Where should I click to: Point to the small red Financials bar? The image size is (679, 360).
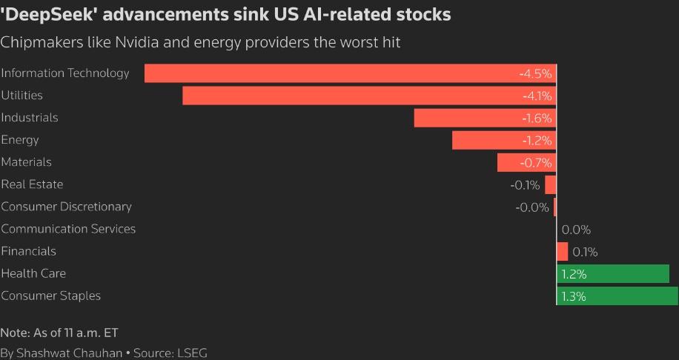[x=563, y=252]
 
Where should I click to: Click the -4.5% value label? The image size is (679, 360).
[x=535, y=74]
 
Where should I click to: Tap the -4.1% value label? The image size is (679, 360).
[x=535, y=96]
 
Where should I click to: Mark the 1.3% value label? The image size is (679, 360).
[x=574, y=296]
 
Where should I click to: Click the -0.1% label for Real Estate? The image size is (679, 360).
[x=525, y=185]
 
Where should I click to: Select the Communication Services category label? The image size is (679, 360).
[x=68, y=229]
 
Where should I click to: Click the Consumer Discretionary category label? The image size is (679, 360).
[x=66, y=207]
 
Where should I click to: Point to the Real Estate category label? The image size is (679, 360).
[x=32, y=184]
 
